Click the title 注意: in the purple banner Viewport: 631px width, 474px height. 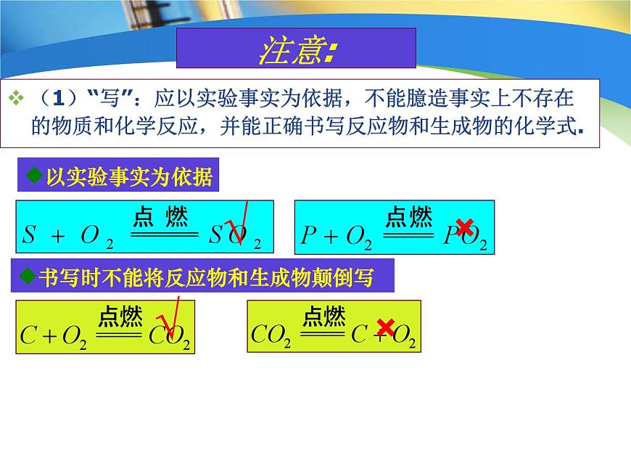(296, 49)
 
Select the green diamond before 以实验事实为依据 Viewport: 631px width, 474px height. (31, 176)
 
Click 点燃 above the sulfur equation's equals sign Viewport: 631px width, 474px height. (161, 217)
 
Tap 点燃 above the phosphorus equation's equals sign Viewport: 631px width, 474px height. (409, 216)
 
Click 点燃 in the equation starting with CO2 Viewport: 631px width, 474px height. (324, 316)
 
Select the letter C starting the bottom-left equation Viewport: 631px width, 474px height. (28, 335)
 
